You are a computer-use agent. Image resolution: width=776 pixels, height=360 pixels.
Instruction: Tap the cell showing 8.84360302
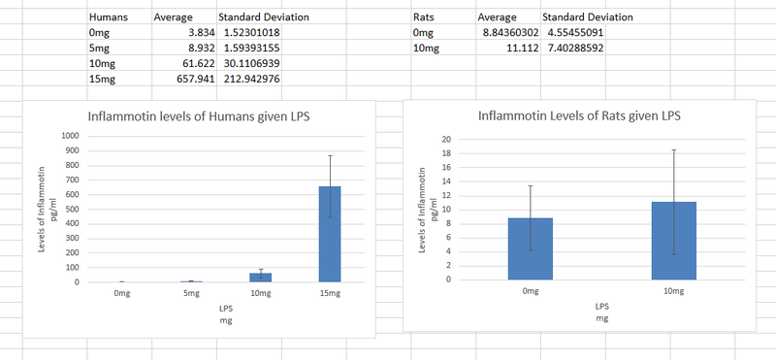point(506,32)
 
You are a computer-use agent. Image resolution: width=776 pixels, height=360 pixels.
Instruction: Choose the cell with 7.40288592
point(574,48)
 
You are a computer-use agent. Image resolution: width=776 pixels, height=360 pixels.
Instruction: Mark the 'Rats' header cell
point(424,17)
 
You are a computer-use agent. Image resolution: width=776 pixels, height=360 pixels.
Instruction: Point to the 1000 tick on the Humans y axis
point(69,135)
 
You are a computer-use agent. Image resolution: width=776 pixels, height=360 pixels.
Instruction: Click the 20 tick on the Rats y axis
point(446,140)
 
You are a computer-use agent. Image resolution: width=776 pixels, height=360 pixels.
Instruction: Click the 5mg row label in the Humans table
point(98,48)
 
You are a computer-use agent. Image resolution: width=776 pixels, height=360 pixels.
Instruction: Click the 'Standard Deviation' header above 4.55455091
point(587,17)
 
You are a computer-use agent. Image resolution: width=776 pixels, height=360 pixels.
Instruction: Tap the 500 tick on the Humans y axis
point(71,209)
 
